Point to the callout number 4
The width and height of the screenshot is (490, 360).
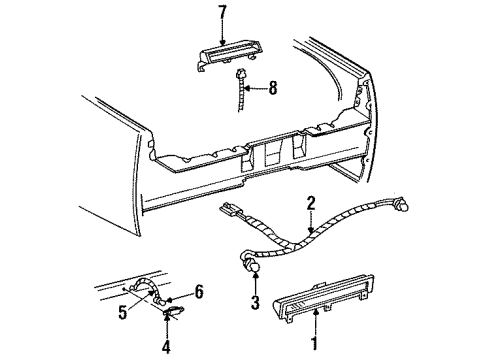(x=165, y=347)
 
